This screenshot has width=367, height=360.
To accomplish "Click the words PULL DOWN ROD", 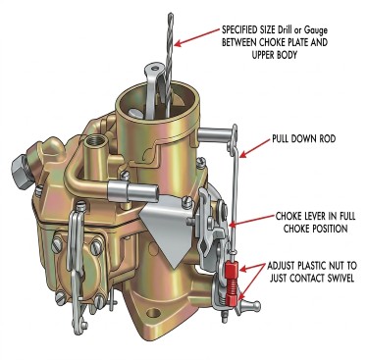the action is (x=304, y=138).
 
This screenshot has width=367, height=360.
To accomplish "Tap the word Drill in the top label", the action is (x=287, y=30).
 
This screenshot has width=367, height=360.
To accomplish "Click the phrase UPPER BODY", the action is (x=274, y=55).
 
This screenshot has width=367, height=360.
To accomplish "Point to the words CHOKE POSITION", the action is (x=315, y=229).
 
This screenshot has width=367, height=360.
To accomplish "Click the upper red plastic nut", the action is (x=232, y=269).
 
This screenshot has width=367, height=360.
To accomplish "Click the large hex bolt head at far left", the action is (x=22, y=171).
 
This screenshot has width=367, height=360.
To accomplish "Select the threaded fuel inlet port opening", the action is (x=95, y=141).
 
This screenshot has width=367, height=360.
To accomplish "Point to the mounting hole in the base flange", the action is (x=154, y=313).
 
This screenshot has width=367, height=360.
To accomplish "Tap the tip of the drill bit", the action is (x=171, y=14).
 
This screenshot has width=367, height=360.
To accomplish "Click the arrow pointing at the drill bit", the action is (x=197, y=37).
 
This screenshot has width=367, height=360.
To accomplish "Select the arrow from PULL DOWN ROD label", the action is (x=255, y=148).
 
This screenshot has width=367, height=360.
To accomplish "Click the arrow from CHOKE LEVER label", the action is (x=252, y=221).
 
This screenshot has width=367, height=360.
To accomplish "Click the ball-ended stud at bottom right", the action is (x=251, y=305).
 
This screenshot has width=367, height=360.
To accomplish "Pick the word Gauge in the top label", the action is (x=316, y=30).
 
